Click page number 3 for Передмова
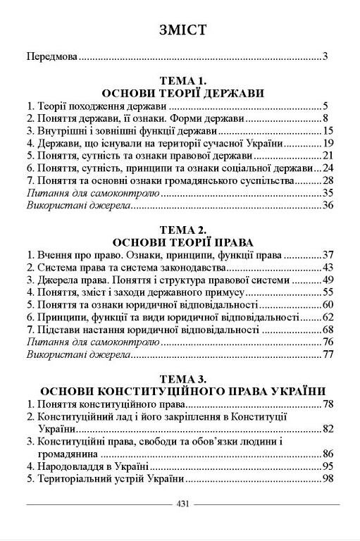coord(325,56)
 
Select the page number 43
coord(327,267)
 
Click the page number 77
coord(327,354)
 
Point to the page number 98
coord(327,478)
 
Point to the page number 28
coord(327,180)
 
